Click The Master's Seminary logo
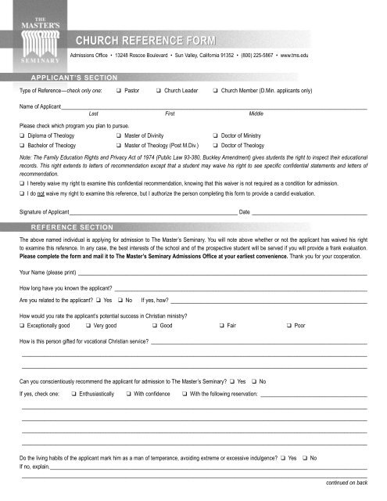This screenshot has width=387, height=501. click(31, 35)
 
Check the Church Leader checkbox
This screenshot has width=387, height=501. click(158, 91)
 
